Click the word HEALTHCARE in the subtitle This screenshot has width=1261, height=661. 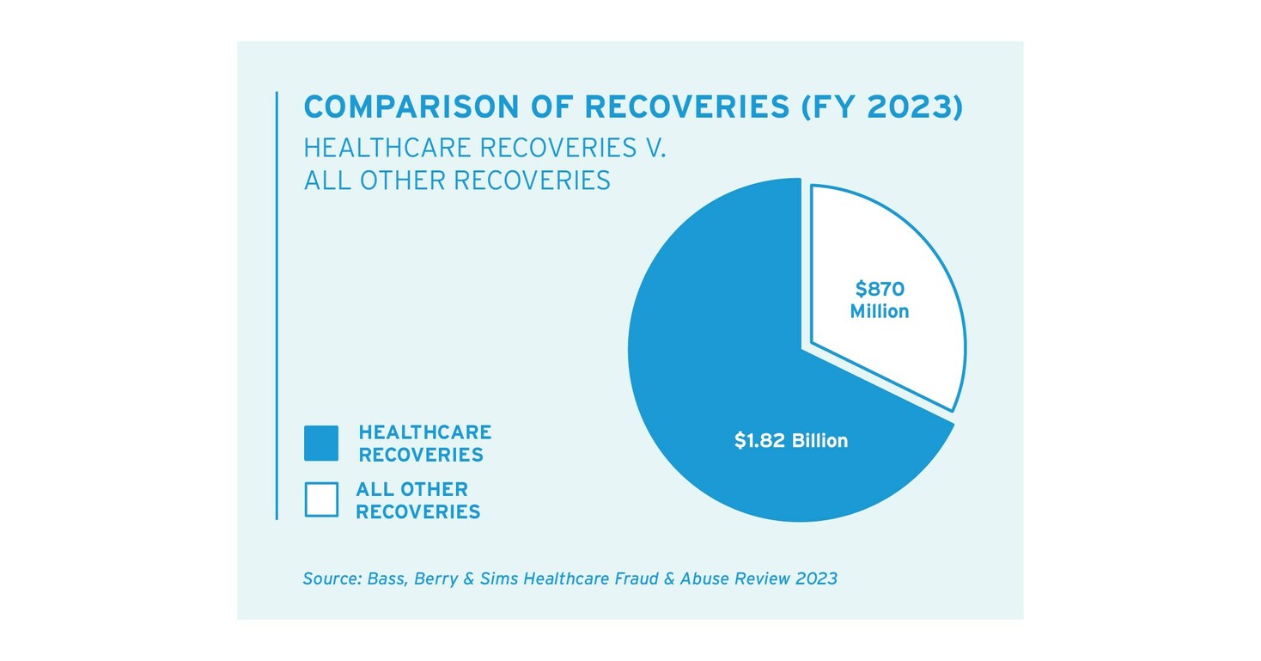387,147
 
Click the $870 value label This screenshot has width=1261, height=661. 879,289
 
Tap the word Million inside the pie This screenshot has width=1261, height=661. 879,311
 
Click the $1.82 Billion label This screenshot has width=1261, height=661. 790,441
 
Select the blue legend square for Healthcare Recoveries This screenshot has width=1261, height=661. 321,443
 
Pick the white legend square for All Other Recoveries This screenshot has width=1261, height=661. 321,499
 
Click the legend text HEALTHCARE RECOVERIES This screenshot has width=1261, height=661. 424,443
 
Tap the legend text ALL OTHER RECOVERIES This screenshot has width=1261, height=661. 417,500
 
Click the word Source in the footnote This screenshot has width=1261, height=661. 330,578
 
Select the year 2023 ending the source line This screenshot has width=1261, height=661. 816,578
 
